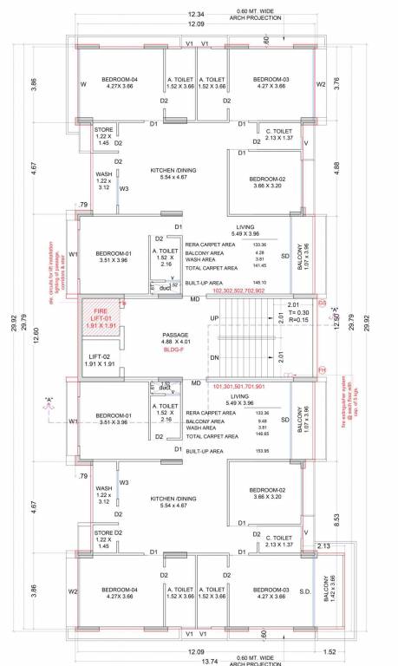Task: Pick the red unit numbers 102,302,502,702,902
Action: [225, 292]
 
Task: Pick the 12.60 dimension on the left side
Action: [36, 334]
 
